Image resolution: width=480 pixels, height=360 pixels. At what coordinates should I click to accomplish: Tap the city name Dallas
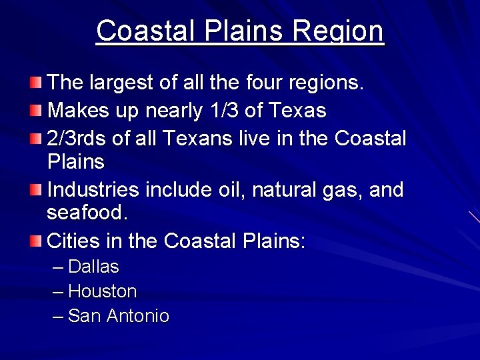[93, 267]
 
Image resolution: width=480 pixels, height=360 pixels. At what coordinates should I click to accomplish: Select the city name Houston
[102, 291]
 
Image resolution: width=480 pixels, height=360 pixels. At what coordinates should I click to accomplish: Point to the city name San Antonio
[119, 316]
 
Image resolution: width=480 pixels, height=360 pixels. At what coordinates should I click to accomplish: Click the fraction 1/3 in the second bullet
[220, 110]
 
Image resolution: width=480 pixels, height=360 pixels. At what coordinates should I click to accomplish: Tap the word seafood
[87, 213]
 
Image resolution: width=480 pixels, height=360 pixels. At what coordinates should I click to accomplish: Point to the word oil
[226, 190]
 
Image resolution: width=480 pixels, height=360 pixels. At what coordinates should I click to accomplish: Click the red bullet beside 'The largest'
[35, 83]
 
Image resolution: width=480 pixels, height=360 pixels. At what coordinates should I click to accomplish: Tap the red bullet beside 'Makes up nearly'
[35, 109]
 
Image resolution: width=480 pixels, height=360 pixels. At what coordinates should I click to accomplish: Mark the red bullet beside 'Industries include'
[35, 190]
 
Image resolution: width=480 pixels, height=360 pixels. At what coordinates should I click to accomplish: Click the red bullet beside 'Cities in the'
[35, 240]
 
